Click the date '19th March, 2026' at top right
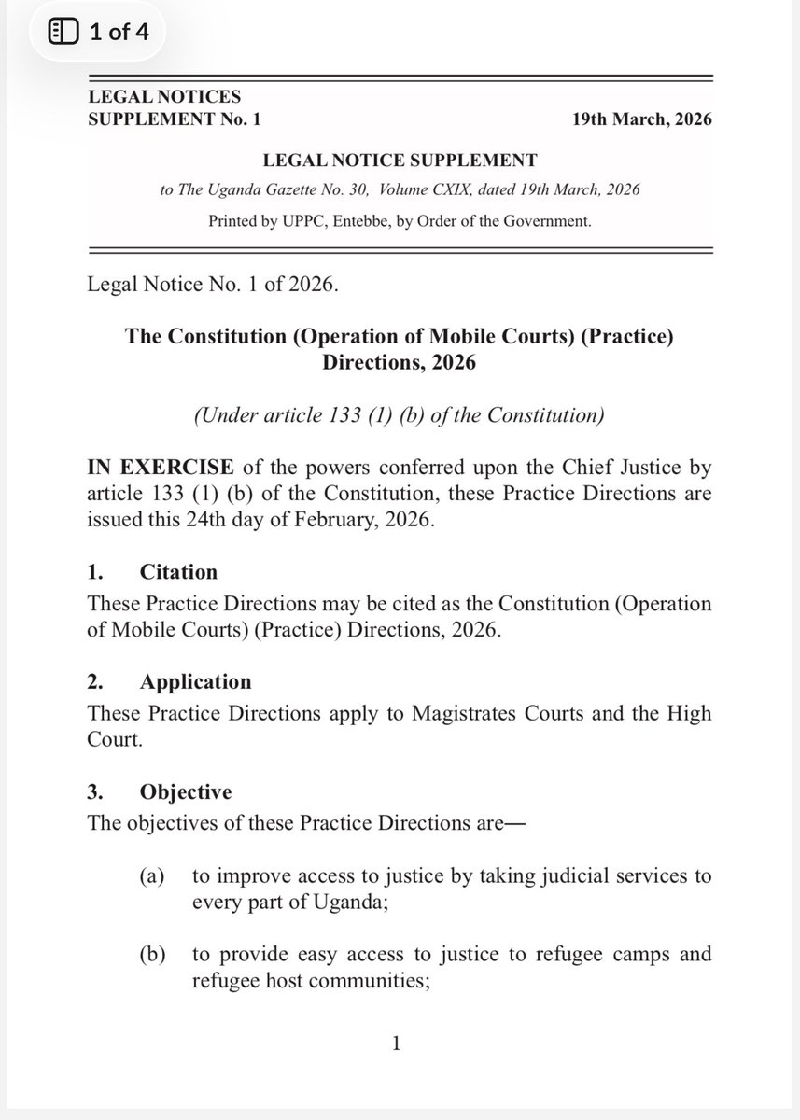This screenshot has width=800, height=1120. pos(642,120)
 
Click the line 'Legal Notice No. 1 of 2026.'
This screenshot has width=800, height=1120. pos(211,285)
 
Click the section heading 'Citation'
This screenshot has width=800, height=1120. pos(178,571)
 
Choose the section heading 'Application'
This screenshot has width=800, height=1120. pos(195,681)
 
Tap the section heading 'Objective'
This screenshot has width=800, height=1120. pos(186,792)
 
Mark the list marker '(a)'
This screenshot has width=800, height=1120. pos(150,876)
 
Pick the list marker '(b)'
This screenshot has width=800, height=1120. pos(150,955)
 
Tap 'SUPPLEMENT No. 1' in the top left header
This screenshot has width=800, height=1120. pos(175,120)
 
